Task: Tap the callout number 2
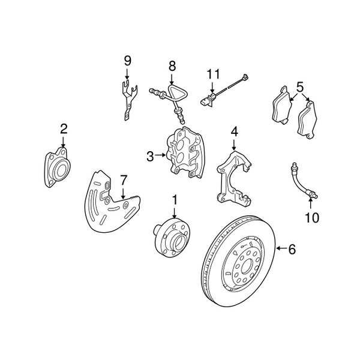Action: pyautogui.click(x=64, y=128)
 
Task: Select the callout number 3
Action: pyautogui.click(x=150, y=157)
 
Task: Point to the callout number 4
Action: pyautogui.click(x=235, y=131)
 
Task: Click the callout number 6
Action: pyautogui.click(x=292, y=249)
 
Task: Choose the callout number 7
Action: pyautogui.click(x=123, y=179)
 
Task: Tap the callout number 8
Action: pyautogui.click(x=172, y=65)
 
